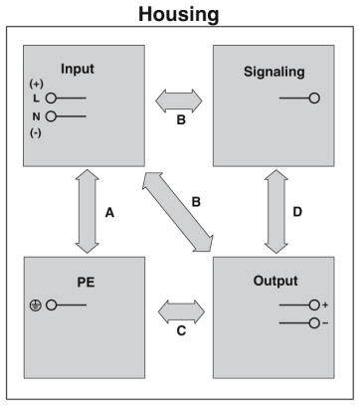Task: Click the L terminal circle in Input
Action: click(50, 99)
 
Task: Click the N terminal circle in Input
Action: click(50, 116)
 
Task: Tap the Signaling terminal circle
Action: click(314, 99)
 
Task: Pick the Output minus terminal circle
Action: click(314, 322)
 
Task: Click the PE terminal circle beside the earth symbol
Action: click(50, 304)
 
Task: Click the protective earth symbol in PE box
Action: click(35, 304)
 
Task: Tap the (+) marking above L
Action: click(36, 84)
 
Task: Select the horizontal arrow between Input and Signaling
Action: click(179, 100)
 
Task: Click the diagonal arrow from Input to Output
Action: click(179, 210)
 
